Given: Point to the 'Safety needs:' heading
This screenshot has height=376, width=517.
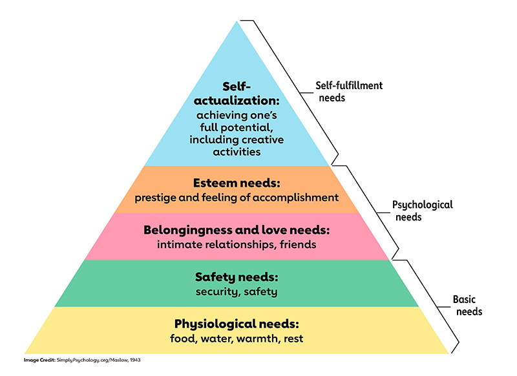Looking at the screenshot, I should [237, 277].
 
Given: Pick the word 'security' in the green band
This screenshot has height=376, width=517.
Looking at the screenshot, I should [216, 291].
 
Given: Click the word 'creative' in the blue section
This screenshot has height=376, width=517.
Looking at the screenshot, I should [261, 140].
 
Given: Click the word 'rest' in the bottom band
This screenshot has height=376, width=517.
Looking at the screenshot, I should [291, 338].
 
